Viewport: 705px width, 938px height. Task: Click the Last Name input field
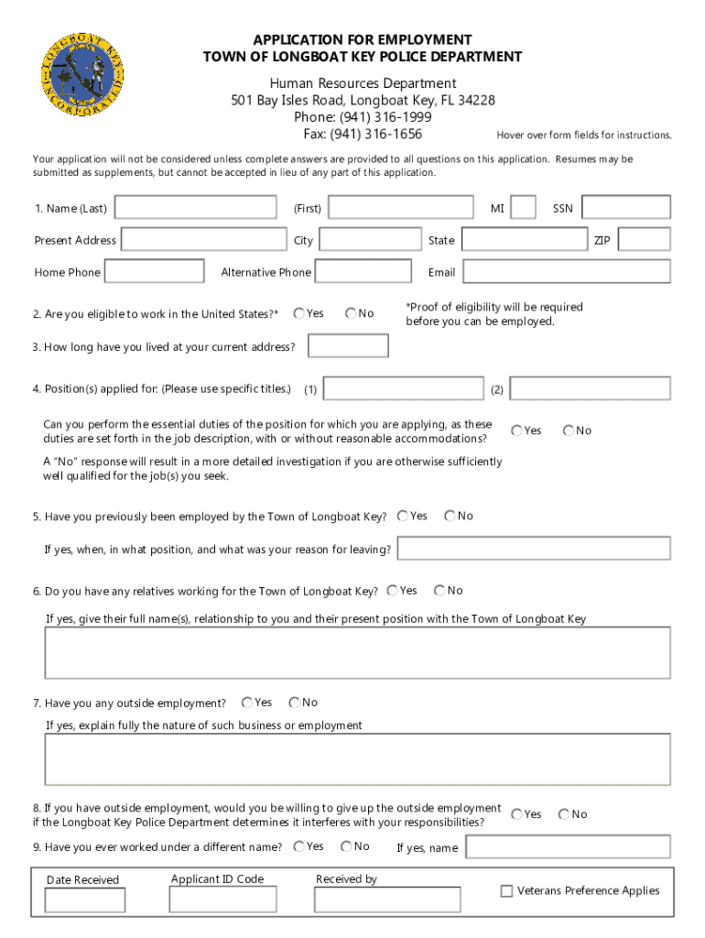pyautogui.click(x=196, y=208)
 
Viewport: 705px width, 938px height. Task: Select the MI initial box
pyautogui.click(x=524, y=208)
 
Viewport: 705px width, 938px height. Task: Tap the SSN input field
pyautogui.click(x=626, y=208)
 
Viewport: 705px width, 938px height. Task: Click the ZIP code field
pyautogui.click(x=645, y=240)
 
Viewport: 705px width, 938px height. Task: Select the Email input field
pyautogui.click(x=566, y=272)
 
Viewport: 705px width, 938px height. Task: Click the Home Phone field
pyautogui.click(x=154, y=272)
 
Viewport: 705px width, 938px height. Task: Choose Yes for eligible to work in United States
pyautogui.click(x=299, y=313)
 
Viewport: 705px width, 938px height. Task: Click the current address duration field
pyautogui.click(x=348, y=346)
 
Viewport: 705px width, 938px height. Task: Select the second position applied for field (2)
pyautogui.click(x=590, y=388)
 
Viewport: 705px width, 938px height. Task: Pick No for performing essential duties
pyautogui.click(x=569, y=430)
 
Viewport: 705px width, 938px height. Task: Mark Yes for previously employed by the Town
pyautogui.click(x=403, y=516)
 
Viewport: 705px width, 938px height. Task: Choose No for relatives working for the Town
pyautogui.click(x=439, y=591)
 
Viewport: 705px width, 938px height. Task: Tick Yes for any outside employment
pyautogui.click(x=247, y=703)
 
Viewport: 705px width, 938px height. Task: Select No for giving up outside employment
pyautogui.click(x=564, y=813)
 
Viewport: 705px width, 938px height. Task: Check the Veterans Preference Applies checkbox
pyautogui.click(x=506, y=890)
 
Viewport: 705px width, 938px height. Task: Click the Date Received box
pyautogui.click(x=85, y=900)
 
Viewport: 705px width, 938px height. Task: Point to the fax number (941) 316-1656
pyautogui.click(x=363, y=134)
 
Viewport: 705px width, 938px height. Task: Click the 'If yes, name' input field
pyautogui.click(x=567, y=846)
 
